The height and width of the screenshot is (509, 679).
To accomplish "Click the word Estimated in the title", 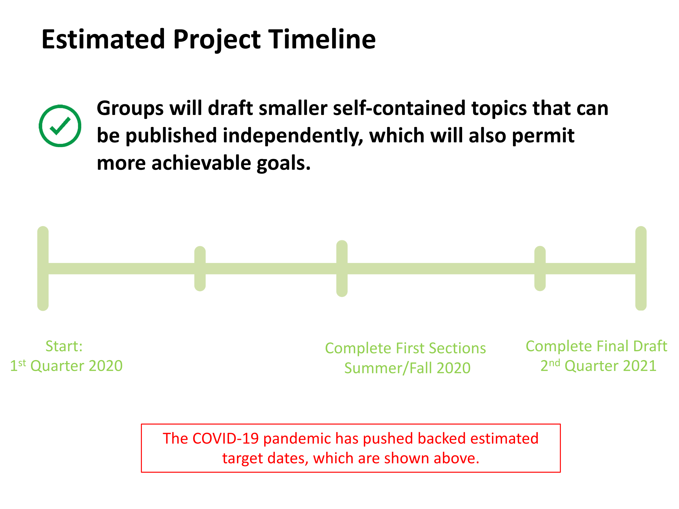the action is tap(104, 39).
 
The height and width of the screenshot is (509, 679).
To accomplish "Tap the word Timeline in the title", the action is tap(322, 39).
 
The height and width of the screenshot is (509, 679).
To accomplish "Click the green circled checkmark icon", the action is tap(60, 126).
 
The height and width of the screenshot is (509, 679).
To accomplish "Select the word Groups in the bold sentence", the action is tap(130, 109).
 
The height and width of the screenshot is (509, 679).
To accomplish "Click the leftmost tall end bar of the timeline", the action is tap(43, 269).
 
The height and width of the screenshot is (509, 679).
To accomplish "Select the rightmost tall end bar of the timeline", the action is tap(641, 269).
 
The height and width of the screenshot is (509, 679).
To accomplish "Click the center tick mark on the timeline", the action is tap(342, 269).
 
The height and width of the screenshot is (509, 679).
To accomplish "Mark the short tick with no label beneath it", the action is tap(200, 269).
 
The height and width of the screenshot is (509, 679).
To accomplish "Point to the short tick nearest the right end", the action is tap(540, 269).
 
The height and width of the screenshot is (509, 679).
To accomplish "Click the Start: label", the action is tap(64, 346).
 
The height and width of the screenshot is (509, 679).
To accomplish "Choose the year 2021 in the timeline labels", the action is tap(640, 366).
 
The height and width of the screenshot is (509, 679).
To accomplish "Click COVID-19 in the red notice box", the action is tap(225, 438).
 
